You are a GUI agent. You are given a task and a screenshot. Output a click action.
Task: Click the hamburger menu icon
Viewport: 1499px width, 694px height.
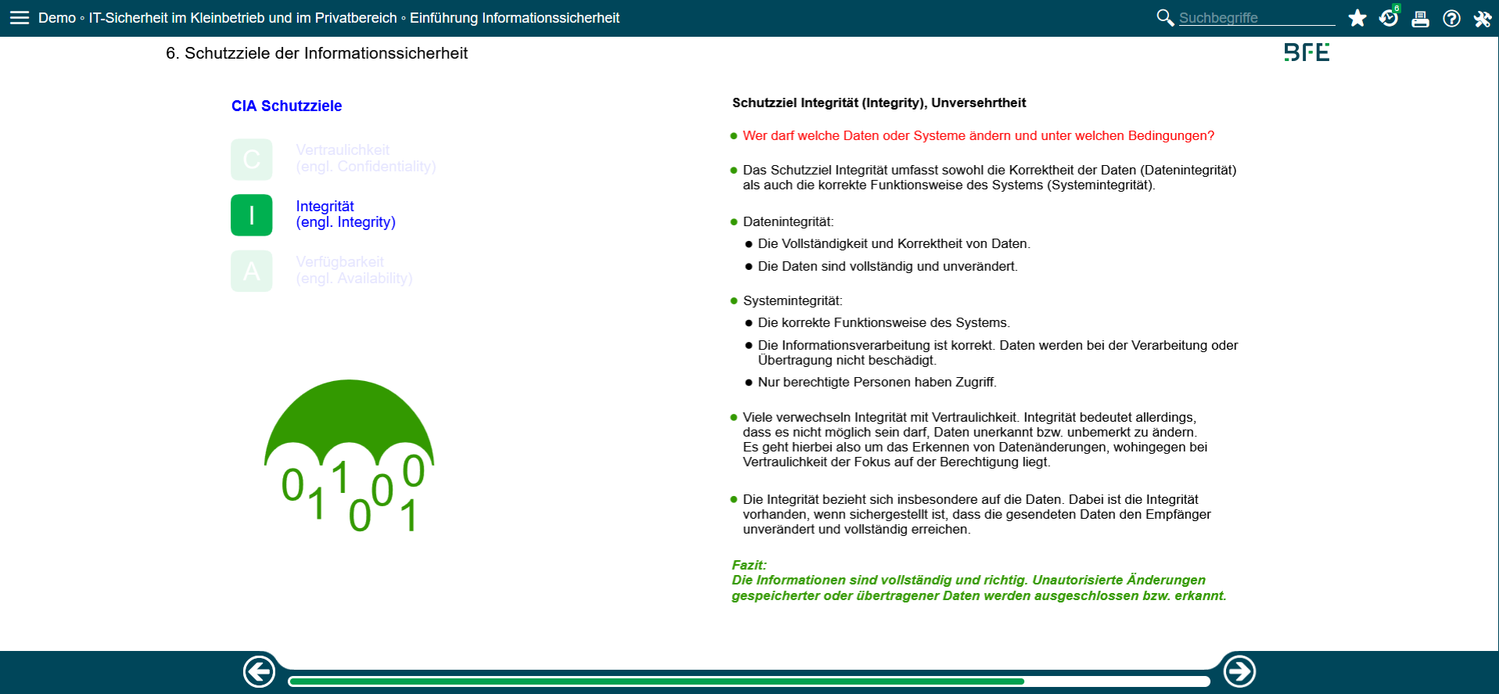(x=20, y=18)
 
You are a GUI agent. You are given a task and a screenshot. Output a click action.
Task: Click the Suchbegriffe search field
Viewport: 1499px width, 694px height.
(x=1255, y=18)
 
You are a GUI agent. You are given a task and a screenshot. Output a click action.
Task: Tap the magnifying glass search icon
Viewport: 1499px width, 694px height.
(x=1164, y=17)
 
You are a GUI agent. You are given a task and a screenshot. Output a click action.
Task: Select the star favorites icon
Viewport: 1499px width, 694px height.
(x=1357, y=18)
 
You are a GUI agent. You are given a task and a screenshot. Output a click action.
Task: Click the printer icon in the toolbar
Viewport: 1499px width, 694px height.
(x=1420, y=19)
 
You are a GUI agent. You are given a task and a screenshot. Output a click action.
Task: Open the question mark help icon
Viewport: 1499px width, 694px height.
(x=1451, y=19)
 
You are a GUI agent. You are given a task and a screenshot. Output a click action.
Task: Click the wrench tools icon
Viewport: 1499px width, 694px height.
(x=1482, y=19)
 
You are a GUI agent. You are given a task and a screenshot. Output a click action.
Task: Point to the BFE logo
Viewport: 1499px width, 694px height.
(x=1306, y=52)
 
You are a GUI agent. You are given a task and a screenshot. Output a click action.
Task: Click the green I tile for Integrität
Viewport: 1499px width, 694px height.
(x=251, y=215)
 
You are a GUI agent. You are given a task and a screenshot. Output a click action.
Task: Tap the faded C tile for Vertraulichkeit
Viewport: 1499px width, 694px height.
(x=251, y=160)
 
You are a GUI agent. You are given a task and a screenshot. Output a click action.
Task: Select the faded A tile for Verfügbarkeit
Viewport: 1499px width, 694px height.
(x=251, y=271)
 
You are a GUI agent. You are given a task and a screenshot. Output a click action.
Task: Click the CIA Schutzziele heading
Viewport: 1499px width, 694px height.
(x=286, y=106)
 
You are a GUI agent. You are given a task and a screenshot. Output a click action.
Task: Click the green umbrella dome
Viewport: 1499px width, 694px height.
(x=349, y=415)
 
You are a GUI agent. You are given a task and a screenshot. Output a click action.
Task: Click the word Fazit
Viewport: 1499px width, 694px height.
(x=748, y=565)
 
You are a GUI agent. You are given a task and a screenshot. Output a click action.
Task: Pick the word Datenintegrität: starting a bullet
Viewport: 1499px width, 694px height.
(x=787, y=222)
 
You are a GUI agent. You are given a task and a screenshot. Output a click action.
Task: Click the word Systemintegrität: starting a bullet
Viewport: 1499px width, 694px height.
(x=792, y=301)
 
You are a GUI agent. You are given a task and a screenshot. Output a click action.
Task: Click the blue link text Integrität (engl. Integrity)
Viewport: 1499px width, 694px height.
(x=345, y=214)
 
